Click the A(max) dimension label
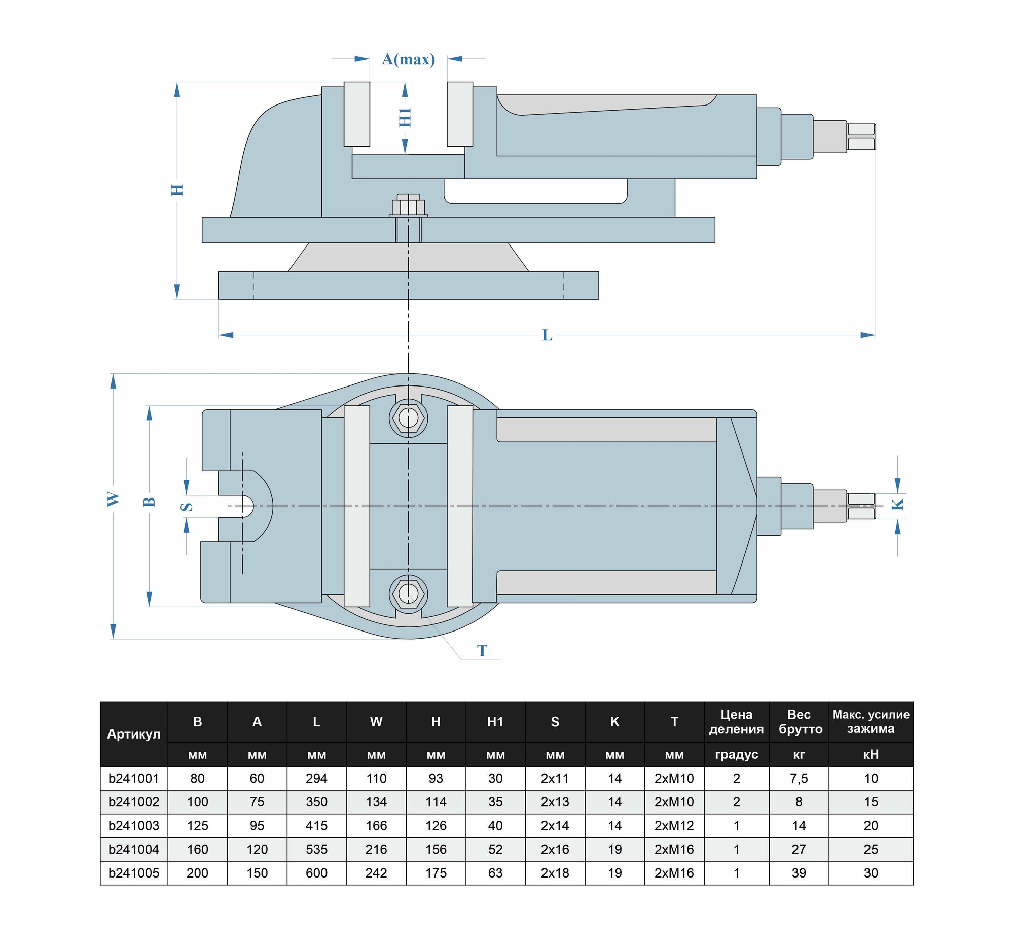tap(408, 60)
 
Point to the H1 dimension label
tap(405, 117)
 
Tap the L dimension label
tap(547, 335)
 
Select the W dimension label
tap(113, 499)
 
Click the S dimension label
tap(187, 507)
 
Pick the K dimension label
tap(897, 504)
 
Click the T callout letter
tap(482, 651)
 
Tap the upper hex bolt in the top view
tap(408, 418)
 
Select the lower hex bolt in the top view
tap(408, 594)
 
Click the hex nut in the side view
tap(408, 206)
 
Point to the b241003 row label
tap(134, 825)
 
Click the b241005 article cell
tap(134, 872)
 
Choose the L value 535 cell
tap(316, 849)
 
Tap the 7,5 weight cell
tap(798, 778)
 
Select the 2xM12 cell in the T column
tap(674, 825)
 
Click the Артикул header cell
tap(134, 734)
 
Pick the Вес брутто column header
tap(798, 721)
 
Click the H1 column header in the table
tap(495, 721)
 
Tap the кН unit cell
tap(870, 754)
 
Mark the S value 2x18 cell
tap(555, 872)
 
